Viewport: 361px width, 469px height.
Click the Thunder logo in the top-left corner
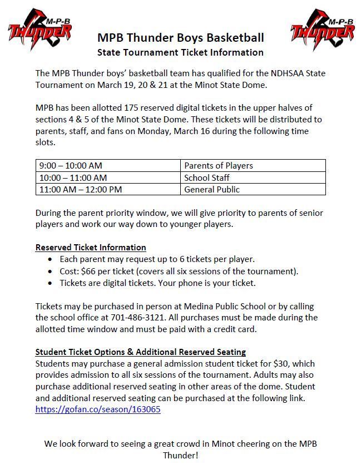(40, 31)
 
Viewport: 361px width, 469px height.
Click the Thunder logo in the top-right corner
(323, 31)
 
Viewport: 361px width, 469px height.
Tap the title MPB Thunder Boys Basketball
(180, 38)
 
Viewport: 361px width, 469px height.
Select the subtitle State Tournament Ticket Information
(180, 52)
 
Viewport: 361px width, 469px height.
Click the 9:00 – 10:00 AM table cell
(71, 166)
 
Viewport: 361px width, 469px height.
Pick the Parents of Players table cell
(219, 166)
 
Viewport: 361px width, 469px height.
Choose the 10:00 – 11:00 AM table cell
(73, 177)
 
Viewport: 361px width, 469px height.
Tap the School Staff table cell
(207, 177)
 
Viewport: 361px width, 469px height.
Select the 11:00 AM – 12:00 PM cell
(81, 190)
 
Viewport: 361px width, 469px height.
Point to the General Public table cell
(212, 190)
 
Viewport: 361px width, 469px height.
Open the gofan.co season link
(98, 409)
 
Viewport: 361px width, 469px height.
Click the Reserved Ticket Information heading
(91, 248)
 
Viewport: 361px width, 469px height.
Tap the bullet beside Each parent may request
(51, 260)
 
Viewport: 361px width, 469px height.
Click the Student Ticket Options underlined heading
(140, 352)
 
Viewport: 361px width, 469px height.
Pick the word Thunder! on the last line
(180, 455)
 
